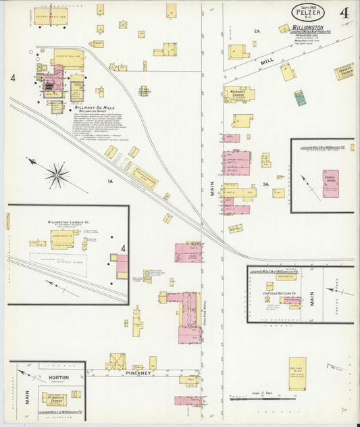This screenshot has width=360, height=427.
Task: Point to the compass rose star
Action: (57, 174)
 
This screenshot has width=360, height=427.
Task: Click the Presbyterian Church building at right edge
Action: (344, 72)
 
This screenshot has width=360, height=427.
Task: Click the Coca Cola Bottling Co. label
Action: (274, 293)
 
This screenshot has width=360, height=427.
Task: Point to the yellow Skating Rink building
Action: (297, 373)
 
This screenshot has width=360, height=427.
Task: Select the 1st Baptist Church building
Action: (54, 397)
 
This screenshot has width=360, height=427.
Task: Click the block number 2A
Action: (257, 31)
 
